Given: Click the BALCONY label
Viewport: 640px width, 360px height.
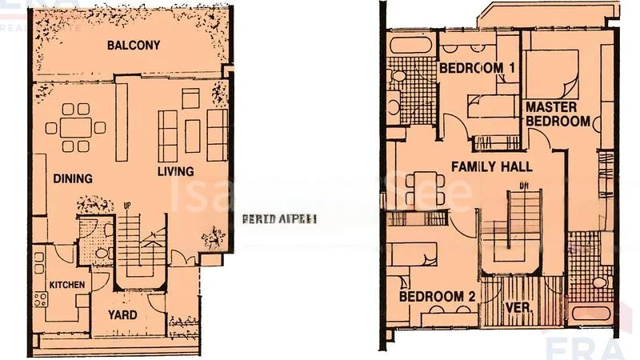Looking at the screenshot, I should point(131,45).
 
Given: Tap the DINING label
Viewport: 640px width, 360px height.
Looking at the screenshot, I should point(73,178).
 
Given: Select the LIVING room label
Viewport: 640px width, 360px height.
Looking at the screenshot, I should point(175,171).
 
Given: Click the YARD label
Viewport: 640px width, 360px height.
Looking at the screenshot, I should point(122,314).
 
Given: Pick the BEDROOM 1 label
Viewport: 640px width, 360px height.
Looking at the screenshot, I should point(477,68).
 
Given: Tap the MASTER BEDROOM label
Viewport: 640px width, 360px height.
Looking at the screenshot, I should point(558,113).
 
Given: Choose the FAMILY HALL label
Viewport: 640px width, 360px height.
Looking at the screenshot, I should point(492,166).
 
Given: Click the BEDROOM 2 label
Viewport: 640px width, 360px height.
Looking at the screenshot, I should point(438,296).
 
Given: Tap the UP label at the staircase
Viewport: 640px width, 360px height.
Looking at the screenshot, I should point(126,206).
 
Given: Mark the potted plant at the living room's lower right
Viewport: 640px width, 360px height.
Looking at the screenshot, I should point(213,237).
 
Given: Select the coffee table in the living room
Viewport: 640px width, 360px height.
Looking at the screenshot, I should point(192,135).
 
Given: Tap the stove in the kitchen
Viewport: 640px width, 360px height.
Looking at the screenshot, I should point(38,302).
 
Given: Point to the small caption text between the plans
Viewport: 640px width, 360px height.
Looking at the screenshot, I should point(280,218).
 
